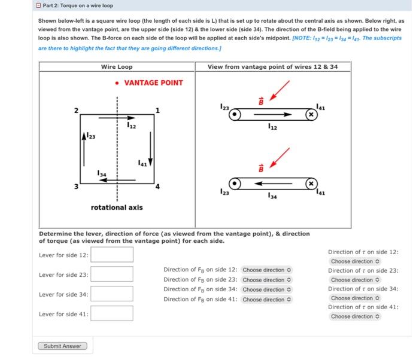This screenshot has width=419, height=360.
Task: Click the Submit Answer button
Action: (x=62, y=346)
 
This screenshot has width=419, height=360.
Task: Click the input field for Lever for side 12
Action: (x=112, y=255)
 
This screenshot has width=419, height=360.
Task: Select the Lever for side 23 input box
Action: (x=112, y=274)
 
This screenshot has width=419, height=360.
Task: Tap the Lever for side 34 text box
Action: (x=112, y=294)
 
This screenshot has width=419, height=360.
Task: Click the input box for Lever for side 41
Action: (x=112, y=313)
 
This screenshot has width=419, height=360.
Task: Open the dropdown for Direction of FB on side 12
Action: (x=266, y=270)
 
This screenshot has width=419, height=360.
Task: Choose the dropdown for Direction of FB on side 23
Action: (x=266, y=280)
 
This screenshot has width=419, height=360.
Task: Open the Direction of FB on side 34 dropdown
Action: (x=266, y=289)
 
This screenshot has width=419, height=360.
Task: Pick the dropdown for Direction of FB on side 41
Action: (x=266, y=300)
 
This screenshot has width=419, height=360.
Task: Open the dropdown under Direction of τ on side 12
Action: (x=355, y=261)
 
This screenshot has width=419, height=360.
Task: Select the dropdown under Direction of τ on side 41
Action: (x=355, y=316)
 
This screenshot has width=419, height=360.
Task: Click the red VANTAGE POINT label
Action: (x=153, y=83)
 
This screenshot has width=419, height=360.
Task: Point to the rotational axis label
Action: (x=117, y=208)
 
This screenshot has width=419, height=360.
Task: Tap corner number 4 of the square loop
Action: (x=158, y=186)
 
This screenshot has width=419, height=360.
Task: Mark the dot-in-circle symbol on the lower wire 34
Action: (x=237, y=182)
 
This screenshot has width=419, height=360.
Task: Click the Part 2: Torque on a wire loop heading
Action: (x=76, y=5)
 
